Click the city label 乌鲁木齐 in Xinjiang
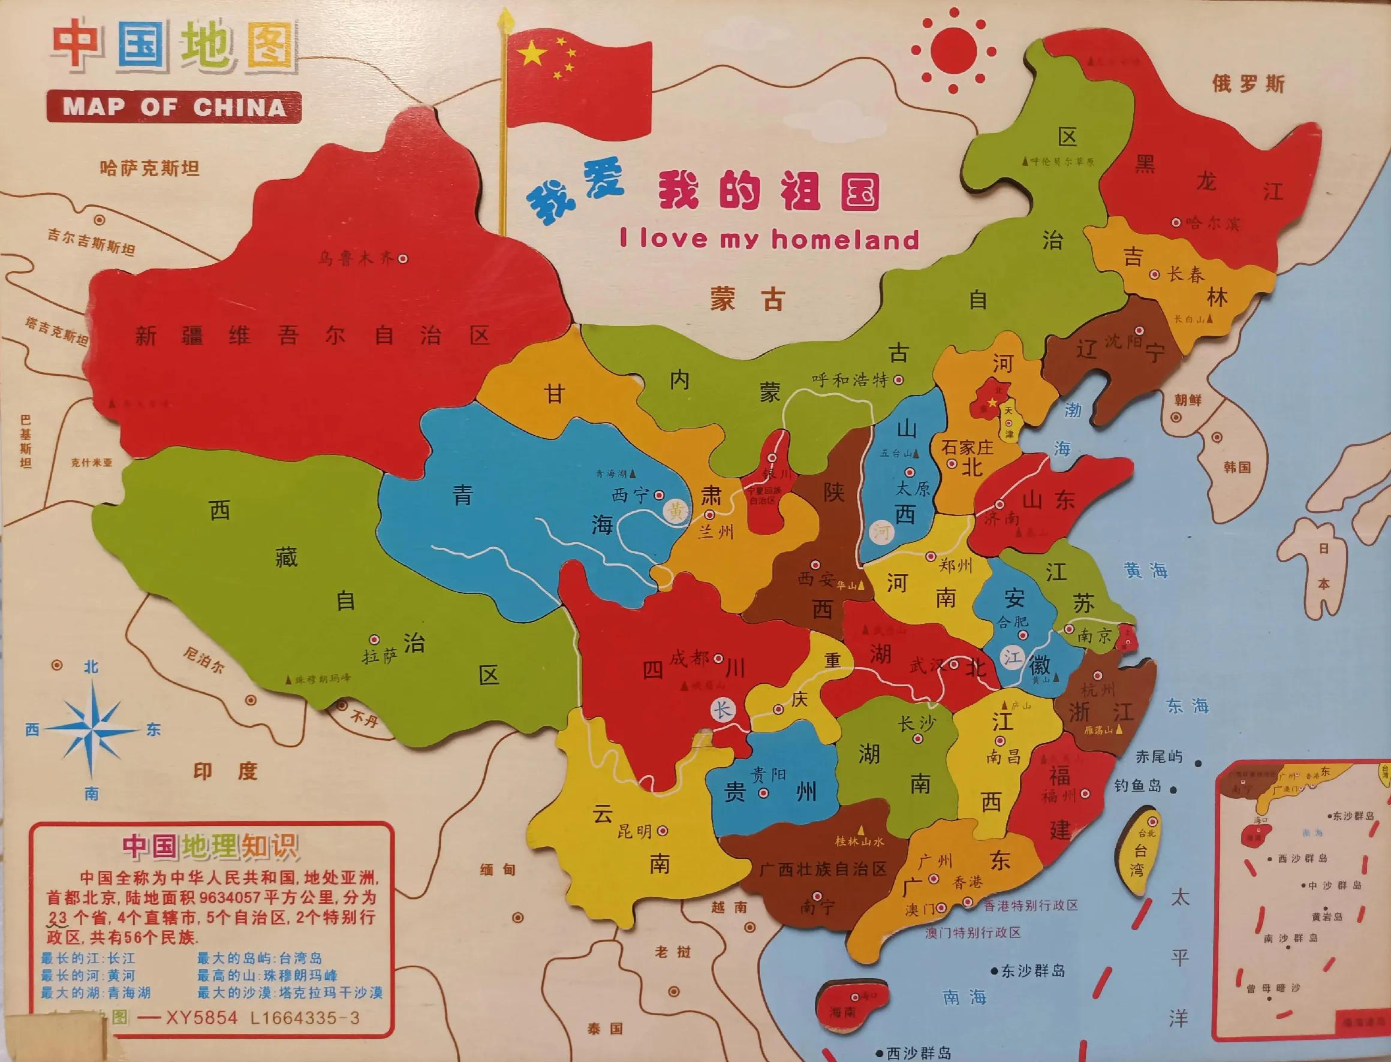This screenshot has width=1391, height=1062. click(356, 258)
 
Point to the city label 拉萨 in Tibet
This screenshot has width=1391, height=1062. click(379, 656)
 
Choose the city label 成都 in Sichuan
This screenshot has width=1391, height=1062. click(690, 659)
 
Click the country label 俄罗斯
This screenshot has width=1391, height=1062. click(1248, 83)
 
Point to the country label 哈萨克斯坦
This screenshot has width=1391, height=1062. click(150, 168)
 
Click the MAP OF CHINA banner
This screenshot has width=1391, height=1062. click(174, 106)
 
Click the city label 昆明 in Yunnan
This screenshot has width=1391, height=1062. click(634, 831)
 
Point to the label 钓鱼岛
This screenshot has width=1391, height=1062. click(1138, 786)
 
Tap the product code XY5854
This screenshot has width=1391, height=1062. click(200, 1018)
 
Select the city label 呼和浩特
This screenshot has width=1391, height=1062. click(850, 380)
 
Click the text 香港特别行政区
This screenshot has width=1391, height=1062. click(1031, 905)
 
